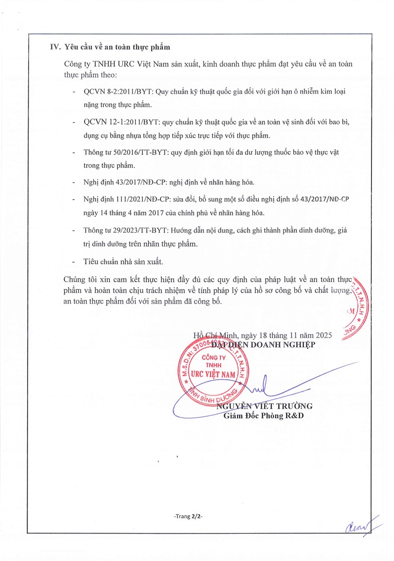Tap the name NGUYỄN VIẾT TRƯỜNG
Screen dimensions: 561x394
pos(264,406)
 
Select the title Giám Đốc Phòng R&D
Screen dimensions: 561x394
pos(264,416)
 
